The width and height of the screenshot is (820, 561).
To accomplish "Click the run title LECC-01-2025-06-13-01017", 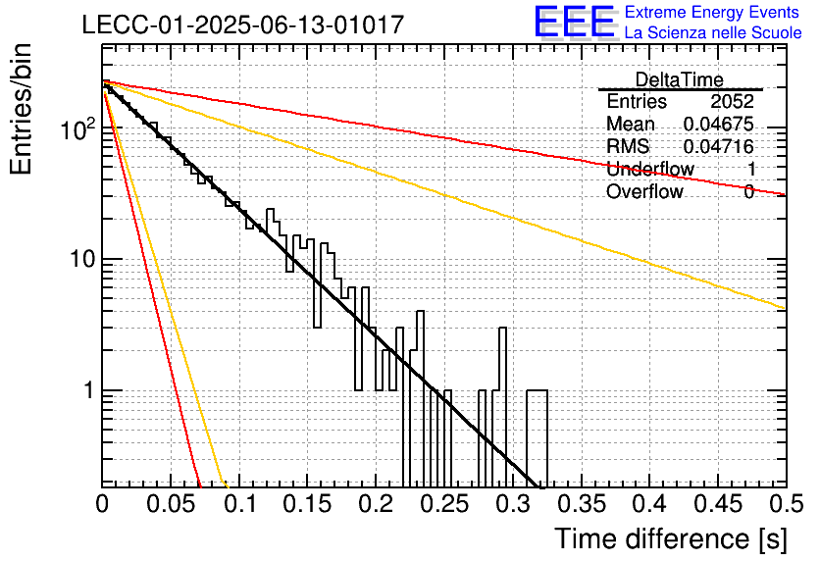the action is click(243, 25).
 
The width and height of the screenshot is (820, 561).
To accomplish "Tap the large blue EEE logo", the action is click(575, 22).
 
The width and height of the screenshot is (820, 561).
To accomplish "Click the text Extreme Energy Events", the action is click(712, 12).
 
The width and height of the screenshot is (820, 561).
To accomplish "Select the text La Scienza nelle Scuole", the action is click(713, 32).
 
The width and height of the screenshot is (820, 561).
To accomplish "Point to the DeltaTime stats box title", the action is click(680, 79).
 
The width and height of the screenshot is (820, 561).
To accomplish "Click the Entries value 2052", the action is click(732, 101).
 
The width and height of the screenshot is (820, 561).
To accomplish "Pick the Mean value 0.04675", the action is click(719, 124).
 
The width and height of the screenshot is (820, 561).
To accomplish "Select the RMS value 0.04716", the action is click(719, 146).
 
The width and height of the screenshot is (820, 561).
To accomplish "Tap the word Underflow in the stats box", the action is click(650, 169).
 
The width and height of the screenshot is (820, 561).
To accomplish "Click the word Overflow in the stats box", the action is click(644, 191).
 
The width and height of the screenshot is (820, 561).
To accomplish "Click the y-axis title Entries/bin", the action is click(21, 109).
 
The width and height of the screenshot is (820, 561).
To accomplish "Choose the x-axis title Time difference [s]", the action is click(671, 538).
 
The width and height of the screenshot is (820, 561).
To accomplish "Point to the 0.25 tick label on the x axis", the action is click(444, 504).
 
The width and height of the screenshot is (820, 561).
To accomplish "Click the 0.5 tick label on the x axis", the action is click(786, 504).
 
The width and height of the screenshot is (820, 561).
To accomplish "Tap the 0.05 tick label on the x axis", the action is click(171, 504).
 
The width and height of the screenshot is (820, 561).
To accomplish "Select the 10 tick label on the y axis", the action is click(81, 259).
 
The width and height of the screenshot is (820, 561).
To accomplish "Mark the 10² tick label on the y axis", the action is click(77, 128).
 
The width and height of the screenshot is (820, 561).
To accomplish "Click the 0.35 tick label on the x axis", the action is click(582, 504).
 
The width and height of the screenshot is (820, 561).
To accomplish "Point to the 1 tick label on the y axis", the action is click(88, 390).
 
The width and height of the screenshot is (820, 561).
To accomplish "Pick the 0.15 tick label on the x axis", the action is click(308, 504).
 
